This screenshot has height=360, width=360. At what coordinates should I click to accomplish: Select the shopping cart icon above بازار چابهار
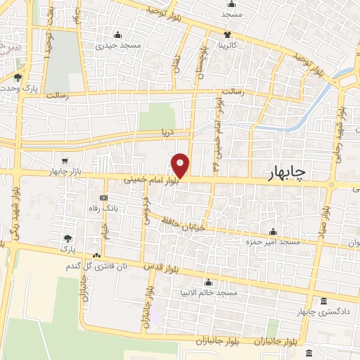pos(65,161)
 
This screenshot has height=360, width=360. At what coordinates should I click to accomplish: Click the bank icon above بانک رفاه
pos(103,197)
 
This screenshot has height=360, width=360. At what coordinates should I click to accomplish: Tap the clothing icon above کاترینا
pos(227,34)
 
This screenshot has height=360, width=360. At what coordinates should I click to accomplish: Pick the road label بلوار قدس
pos(159,266)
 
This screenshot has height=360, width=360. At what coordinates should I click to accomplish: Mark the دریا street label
pos(167,131)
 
